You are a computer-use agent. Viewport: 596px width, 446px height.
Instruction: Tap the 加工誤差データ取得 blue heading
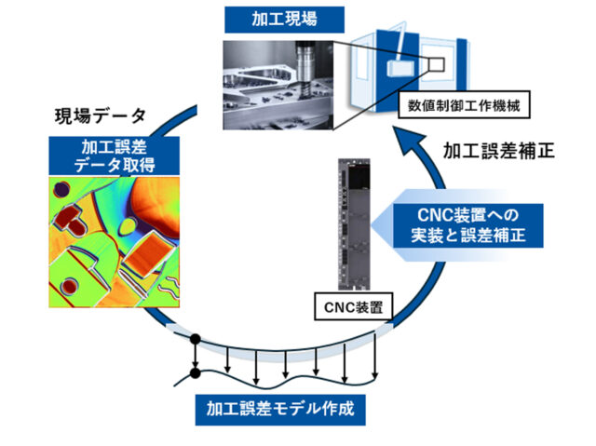(x=115, y=155)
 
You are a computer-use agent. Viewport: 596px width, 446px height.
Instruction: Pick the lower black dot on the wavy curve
(x=195, y=374)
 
